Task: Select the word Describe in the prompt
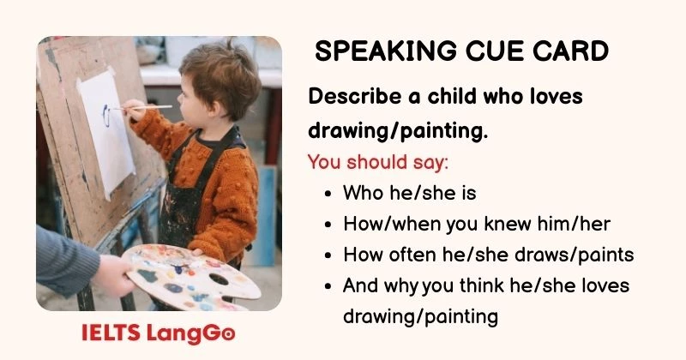352,97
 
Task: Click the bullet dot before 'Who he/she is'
329,195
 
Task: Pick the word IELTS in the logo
110,333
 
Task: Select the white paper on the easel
106,129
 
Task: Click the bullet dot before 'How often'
329,255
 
